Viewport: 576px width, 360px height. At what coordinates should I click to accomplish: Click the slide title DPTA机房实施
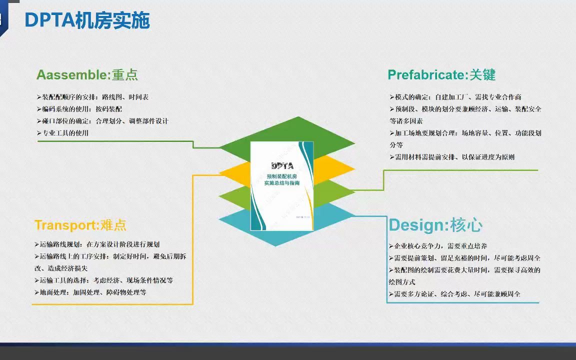pos(87,20)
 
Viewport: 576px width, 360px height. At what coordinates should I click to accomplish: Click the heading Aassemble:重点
pos(87,75)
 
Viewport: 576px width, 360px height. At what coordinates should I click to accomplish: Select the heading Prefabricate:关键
pos(441,75)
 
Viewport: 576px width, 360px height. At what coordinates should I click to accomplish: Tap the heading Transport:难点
pos(80,225)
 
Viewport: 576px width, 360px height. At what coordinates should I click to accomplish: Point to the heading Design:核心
pos(435,225)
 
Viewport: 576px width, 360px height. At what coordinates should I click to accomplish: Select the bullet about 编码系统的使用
pos(80,109)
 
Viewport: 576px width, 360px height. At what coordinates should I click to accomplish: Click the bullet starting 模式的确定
pos(455,97)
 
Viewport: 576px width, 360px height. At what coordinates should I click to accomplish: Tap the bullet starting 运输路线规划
pos(97,244)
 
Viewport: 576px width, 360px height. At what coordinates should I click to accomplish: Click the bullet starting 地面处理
pos(90,292)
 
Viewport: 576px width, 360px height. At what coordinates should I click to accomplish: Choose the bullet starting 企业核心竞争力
pos(437,246)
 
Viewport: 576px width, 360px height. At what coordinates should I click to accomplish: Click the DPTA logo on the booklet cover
pos(281,165)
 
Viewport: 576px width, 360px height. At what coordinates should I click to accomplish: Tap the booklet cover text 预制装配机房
pos(282,176)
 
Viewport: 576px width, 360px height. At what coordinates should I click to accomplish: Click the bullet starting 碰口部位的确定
pos(102,121)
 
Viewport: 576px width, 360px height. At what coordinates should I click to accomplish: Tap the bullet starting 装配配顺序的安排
pos(92,97)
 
